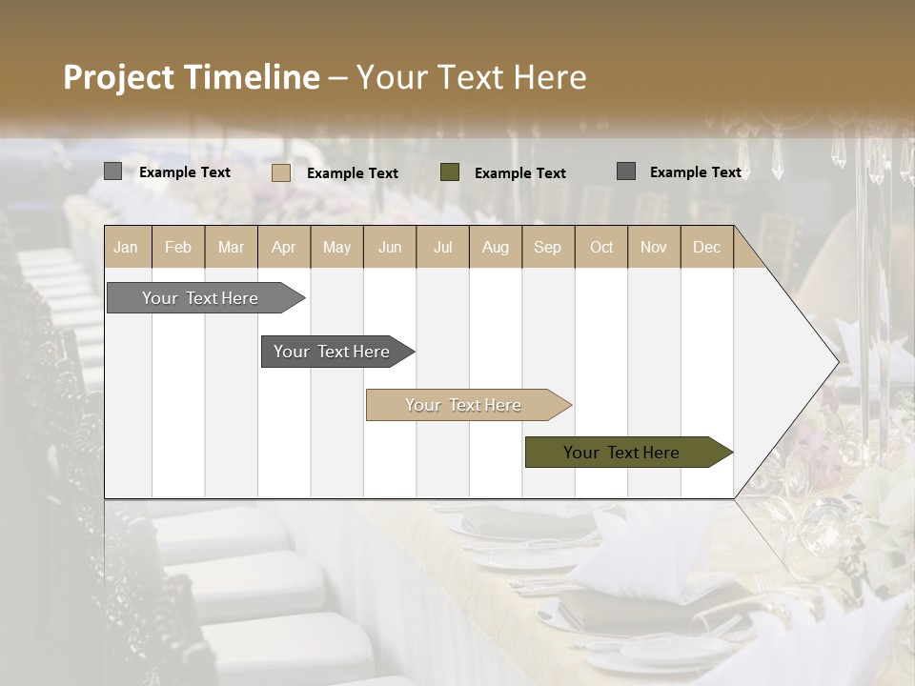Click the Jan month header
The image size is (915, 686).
pos(126,248)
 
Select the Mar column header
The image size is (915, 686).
pos(231,248)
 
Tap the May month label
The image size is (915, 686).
pos(336,248)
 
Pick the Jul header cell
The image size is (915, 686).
pos(442,248)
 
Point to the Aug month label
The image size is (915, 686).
pos(496,248)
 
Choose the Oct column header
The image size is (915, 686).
pos(601,248)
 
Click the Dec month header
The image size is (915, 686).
pos(707,248)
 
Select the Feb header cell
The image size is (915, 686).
pos(178,248)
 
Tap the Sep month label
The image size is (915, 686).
pos(548,248)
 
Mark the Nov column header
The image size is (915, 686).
pos(654,248)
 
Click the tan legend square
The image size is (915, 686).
pos(281,172)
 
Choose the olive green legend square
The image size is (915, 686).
pos(450,172)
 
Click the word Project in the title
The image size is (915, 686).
pos(118,77)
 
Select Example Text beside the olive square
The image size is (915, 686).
pos(520,173)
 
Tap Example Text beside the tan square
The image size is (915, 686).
pos(353,173)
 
